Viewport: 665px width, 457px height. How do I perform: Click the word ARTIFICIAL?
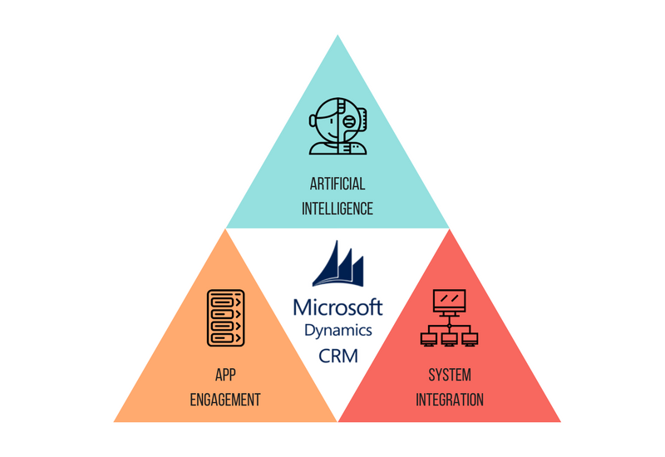tap(337, 184)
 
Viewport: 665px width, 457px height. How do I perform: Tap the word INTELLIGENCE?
tap(337, 209)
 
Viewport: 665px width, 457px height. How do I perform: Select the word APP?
tap(225, 375)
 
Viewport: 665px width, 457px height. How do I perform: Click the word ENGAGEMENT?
tap(225, 400)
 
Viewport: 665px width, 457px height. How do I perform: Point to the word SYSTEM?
tap(450, 375)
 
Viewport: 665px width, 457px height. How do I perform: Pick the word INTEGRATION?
tap(450, 400)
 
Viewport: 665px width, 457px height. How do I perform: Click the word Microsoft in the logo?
tap(338, 307)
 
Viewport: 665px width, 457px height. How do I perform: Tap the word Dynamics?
tap(338, 330)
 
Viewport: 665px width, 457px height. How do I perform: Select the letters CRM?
tap(338, 356)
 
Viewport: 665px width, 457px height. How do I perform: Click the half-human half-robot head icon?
tap(337, 126)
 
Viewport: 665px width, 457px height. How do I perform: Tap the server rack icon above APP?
tap(225, 318)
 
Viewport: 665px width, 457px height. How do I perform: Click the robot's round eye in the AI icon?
tap(348, 121)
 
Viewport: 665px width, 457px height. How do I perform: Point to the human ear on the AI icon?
tap(313, 120)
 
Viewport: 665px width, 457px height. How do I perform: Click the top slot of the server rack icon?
tap(222, 302)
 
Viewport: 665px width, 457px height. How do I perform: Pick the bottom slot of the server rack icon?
tap(222, 338)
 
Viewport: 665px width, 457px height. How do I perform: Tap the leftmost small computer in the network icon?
tap(428, 340)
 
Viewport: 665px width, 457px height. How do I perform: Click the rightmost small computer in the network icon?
tap(470, 340)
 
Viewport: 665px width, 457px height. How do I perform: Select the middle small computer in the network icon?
tap(449, 340)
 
